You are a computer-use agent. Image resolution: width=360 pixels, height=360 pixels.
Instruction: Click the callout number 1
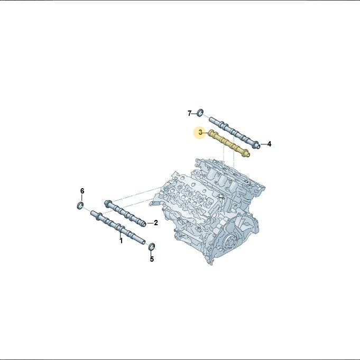121,241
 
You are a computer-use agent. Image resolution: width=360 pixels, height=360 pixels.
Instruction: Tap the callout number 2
156,223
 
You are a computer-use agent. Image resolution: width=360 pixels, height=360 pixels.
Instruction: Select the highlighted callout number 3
200,132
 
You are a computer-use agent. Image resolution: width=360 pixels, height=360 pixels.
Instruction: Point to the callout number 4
269,144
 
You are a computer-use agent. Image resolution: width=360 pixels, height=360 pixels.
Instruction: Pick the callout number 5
152,259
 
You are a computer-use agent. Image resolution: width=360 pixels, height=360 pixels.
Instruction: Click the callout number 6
82,191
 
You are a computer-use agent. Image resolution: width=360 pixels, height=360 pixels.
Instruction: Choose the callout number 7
189,113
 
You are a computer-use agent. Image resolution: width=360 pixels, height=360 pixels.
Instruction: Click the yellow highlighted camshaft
229,143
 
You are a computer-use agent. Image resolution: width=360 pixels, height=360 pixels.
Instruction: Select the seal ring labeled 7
200,112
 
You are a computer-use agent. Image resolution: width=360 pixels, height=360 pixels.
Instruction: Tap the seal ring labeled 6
80,206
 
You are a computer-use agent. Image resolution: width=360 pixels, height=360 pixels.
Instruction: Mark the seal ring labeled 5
152,246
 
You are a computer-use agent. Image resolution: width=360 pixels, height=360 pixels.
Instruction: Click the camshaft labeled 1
118,227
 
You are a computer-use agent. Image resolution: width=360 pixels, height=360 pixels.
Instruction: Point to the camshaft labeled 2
125,214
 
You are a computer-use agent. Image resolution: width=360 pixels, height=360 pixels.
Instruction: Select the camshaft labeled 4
235,133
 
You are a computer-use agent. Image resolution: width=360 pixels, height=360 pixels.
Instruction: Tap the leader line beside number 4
264,144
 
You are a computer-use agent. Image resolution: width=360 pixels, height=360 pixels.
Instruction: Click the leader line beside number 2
150,223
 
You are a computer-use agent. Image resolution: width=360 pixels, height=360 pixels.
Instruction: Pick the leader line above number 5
152,253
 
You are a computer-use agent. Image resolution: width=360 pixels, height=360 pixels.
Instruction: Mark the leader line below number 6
82,198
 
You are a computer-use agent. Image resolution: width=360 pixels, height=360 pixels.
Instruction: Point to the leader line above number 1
121,235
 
